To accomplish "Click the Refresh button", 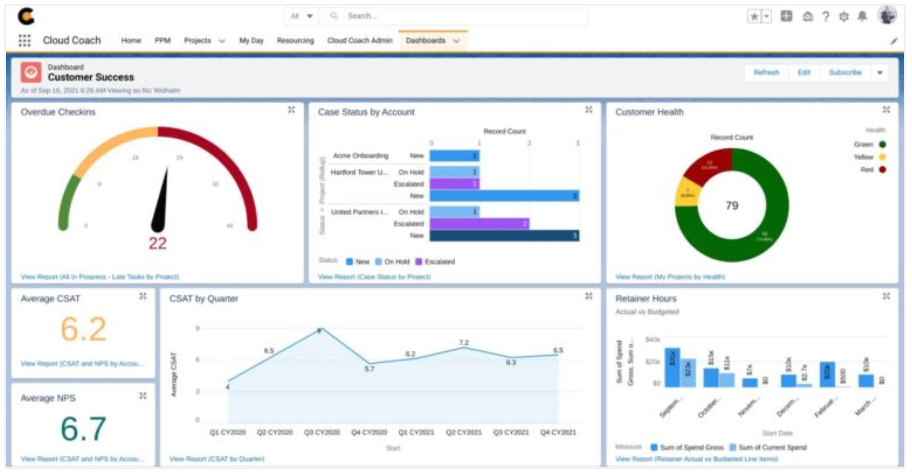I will (x=766, y=72).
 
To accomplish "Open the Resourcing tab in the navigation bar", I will (x=295, y=40).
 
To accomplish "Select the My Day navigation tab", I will (x=251, y=40).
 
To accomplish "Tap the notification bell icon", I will (x=862, y=16).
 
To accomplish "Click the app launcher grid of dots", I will (x=24, y=40).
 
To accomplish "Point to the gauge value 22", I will (x=158, y=243).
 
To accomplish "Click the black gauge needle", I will (x=161, y=205).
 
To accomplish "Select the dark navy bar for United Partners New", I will (x=504, y=236).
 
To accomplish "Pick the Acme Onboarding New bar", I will (x=454, y=156).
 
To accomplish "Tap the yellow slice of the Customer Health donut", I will (x=687, y=192).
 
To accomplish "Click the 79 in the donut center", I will (x=732, y=205).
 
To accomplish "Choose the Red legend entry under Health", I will (x=871, y=169).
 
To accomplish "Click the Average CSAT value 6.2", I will (x=83, y=329).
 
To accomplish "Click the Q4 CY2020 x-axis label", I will (x=369, y=432).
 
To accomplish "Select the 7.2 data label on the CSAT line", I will (x=464, y=342).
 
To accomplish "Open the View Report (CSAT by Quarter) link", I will (x=217, y=459).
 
